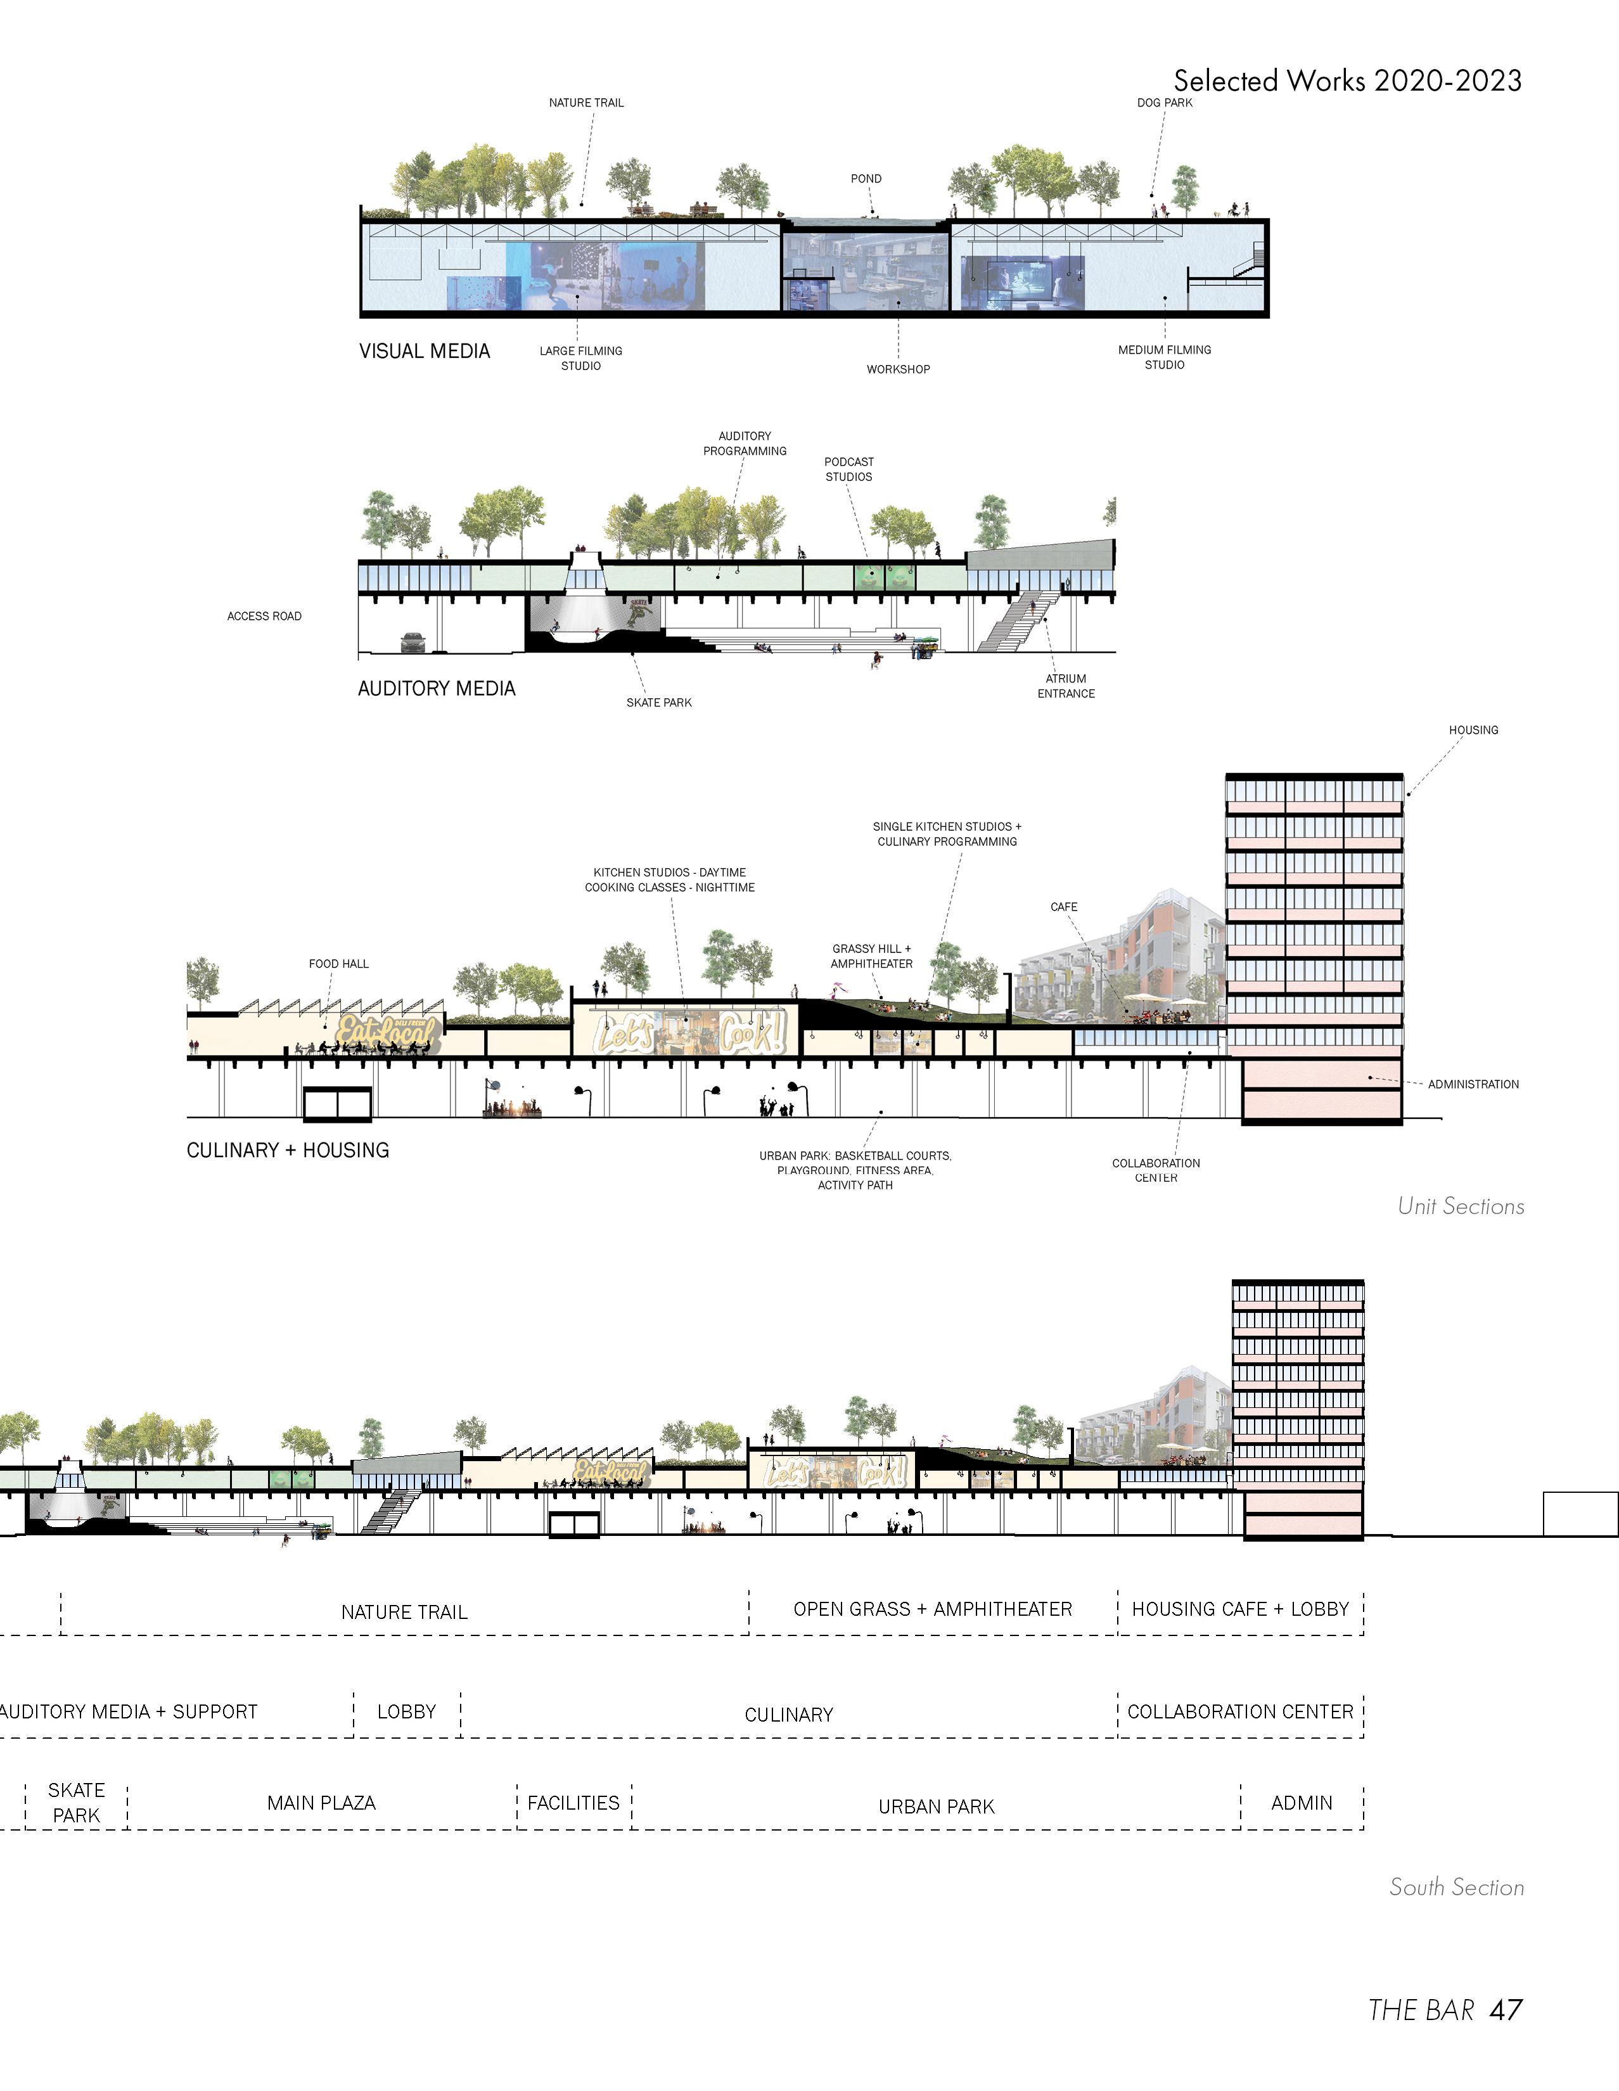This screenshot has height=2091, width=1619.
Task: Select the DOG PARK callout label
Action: pos(1164,103)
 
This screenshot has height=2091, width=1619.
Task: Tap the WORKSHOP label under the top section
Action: pos(898,369)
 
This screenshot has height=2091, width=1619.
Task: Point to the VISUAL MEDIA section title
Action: pos(424,352)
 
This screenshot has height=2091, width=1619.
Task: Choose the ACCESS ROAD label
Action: pos(264,617)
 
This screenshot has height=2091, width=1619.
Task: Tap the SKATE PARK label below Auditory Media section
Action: pos(659,703)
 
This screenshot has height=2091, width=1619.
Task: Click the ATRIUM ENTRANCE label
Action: pos(1066,686)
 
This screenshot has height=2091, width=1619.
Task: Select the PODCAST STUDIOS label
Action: pos(848,469)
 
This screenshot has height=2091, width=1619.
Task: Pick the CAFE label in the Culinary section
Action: pos(1064,907)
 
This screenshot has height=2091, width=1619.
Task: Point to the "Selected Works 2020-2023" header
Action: pos(1347,80)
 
